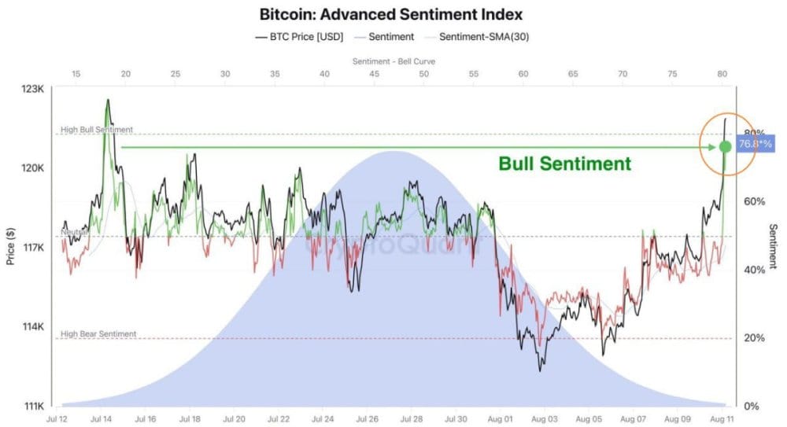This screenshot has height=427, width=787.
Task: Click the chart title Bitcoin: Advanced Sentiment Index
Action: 391,14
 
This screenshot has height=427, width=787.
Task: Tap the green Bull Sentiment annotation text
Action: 564,164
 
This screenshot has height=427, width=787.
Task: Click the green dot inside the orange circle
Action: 726,147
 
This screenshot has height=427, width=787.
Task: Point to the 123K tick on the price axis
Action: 32,89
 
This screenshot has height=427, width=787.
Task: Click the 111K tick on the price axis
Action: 32,406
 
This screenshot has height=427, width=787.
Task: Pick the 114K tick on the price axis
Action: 32,326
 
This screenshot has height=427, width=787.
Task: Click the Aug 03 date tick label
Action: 545,420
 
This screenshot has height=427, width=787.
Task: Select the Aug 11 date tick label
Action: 722,420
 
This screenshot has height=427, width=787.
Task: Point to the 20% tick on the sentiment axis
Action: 753,338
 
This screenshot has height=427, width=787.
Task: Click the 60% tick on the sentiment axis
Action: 753,201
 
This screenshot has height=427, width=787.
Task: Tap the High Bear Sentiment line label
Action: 98,333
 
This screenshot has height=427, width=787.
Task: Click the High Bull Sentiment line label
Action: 97,129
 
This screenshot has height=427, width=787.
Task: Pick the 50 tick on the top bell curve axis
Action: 423,74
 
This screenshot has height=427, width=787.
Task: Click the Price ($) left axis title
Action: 11,247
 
